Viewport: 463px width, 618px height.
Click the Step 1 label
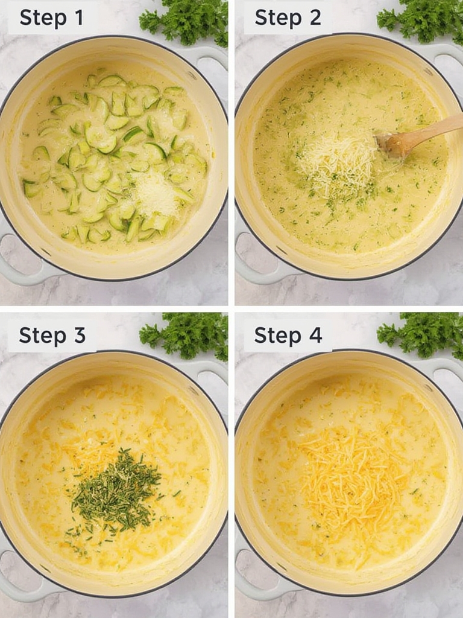51,18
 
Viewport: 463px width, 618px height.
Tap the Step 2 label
288,18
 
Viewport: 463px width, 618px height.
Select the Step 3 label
52,336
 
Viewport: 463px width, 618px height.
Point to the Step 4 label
288,336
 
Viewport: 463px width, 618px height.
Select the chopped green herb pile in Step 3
116,489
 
